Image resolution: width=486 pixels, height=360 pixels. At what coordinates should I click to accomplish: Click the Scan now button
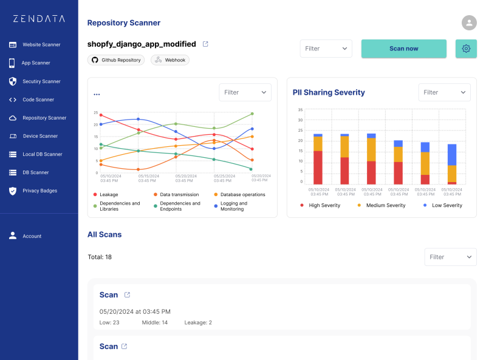tap(403, 49)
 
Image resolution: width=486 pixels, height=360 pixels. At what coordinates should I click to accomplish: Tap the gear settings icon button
tap(466, 49)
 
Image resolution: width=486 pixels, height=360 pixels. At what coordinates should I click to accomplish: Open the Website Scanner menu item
tap(35, 44)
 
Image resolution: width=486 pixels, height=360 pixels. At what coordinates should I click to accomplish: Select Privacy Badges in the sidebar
tap(33, 191)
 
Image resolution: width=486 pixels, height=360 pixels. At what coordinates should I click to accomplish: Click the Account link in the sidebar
tap(25, 236)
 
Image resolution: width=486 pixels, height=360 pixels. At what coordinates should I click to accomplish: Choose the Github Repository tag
tap(116, 60)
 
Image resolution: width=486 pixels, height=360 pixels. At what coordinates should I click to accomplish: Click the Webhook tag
tap(170, 60)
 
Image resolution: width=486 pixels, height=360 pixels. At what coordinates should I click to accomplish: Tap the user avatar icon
tap(469, 22)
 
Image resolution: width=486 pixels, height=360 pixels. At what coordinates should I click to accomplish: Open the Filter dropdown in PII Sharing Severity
tap(444, 92)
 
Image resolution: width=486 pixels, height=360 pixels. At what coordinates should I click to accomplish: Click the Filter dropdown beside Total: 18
tap(450, 257)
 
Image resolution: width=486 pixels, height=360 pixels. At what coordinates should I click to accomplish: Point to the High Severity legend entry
tap(320, 205)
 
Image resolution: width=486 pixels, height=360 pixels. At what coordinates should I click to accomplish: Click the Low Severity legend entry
tap(443, 205)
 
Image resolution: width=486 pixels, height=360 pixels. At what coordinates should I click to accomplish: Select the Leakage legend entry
tap(106, 194)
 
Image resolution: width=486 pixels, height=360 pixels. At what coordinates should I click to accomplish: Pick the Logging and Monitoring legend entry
tap(231, 206)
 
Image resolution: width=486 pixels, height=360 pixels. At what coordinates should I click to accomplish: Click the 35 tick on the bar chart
tap(300, 110)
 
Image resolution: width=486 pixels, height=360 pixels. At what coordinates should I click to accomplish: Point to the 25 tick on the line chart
tap(96, 113)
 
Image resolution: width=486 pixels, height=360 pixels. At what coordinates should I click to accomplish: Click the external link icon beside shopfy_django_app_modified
tap(205, 44)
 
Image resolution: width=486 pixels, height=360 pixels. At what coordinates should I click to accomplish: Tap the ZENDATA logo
tap(39, 19)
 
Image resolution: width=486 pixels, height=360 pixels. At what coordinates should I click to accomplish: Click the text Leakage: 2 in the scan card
tap(198, 322)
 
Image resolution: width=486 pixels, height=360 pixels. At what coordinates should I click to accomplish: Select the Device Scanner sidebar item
tap(33, 136)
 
